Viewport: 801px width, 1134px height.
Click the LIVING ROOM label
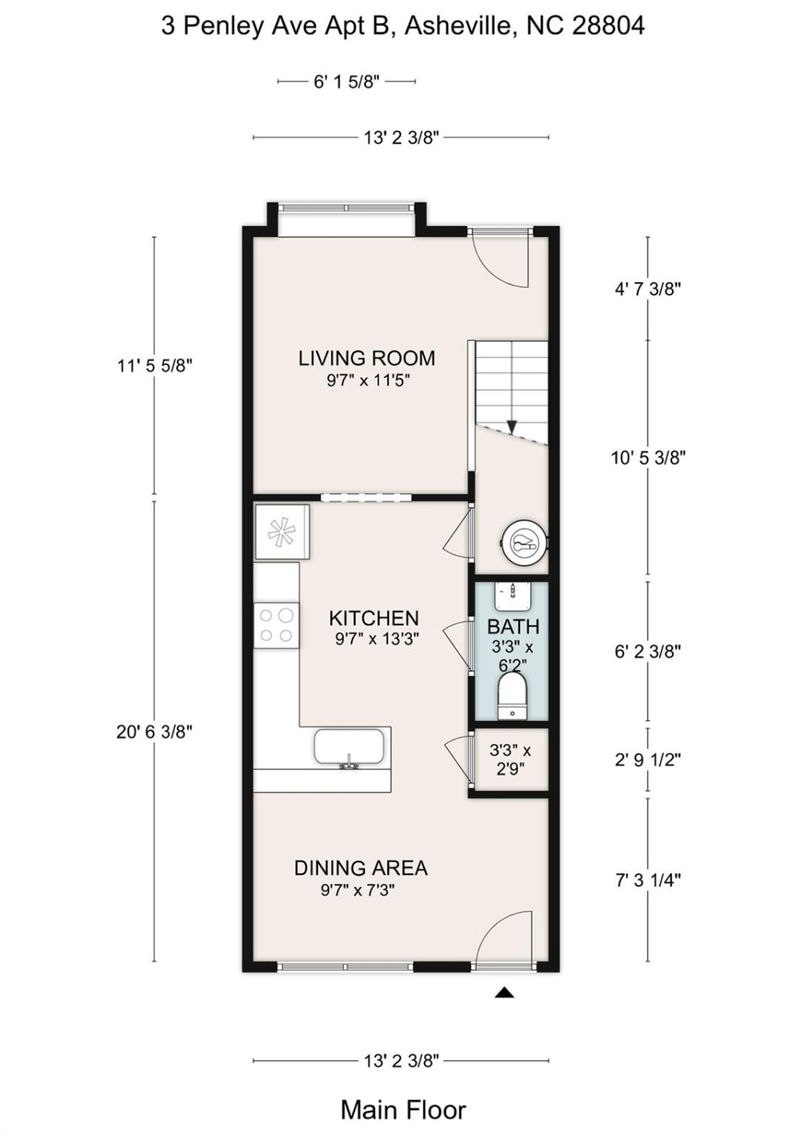366,358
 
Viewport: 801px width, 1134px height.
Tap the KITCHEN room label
374,618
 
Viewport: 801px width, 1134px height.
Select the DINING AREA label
360,868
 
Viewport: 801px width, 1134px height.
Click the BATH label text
513,627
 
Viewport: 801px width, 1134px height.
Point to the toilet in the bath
512,696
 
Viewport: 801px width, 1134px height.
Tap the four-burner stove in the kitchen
276,625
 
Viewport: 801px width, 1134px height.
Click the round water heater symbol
523,543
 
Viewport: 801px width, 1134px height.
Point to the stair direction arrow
511,426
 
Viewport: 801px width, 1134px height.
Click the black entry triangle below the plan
504,993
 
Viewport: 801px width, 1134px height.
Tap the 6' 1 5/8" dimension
346,81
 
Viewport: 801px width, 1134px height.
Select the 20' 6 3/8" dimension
154,732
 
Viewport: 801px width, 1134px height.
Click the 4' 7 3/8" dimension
648,288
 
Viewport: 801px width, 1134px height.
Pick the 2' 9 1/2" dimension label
648,760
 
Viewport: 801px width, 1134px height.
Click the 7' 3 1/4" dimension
648,880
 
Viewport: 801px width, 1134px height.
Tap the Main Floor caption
403,1110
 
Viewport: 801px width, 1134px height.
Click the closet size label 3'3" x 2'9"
510,759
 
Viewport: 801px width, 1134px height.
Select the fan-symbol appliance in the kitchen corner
281,532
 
